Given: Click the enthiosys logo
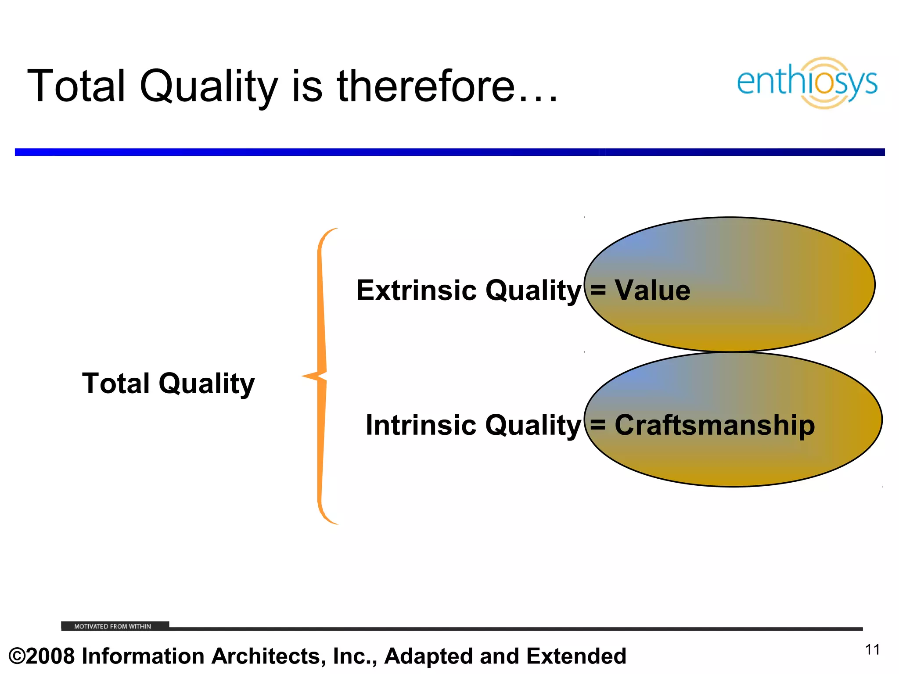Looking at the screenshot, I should tap(807, 82).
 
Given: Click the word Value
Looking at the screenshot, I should tap(652, 290).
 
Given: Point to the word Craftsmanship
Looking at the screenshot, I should tap(715, 425).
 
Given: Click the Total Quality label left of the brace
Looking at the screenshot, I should tap(168, 384).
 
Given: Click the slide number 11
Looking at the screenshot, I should tap(872, 650).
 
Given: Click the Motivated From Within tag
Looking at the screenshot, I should tap(113, 626).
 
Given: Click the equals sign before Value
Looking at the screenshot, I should tap(598, 290).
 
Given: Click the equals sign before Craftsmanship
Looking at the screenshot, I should tap(598, 425).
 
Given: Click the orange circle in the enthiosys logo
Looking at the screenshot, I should tap(824, 82).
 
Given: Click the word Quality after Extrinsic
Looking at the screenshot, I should tap(533, 290).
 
